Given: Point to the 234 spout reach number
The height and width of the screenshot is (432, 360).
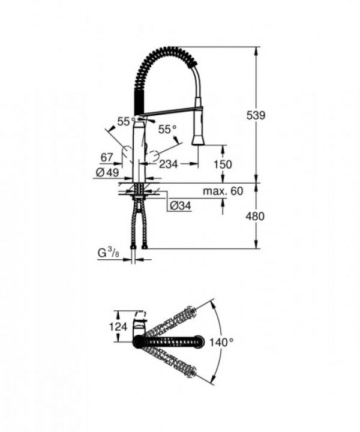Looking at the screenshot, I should click(x=170, y=164).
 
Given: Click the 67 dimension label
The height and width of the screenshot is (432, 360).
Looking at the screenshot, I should click(x=107, y=158).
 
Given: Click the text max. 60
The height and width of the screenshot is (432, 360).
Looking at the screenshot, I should click(x=222, y=191).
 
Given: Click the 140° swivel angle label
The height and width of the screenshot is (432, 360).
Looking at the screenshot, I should click(x=221, y=343).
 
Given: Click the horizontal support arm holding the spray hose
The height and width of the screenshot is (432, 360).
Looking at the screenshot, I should click(x=170, y=110).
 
